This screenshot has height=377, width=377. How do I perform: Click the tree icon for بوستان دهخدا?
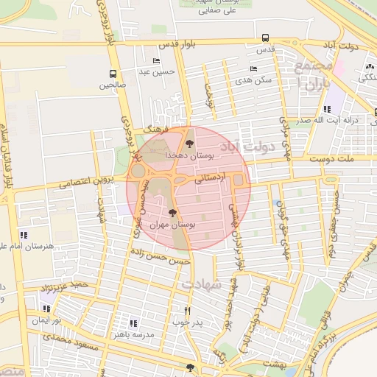tap(190, 143)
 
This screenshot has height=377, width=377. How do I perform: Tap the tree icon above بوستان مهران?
tap(172, 213)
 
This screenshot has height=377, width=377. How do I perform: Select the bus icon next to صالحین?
tap(113, 74)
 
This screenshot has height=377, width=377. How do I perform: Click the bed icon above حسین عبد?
tap(155, 60)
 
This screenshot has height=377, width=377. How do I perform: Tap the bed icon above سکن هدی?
tap(253, 68)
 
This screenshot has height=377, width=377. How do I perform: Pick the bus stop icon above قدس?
tap(265, 38)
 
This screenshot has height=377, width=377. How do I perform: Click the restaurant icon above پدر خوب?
tap(187, 311)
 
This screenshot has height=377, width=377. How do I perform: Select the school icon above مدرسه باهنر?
tap(133, 323)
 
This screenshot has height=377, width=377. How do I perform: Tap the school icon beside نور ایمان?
tap(47, 309)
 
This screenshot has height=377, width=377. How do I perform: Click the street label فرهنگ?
tap(157, 129)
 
